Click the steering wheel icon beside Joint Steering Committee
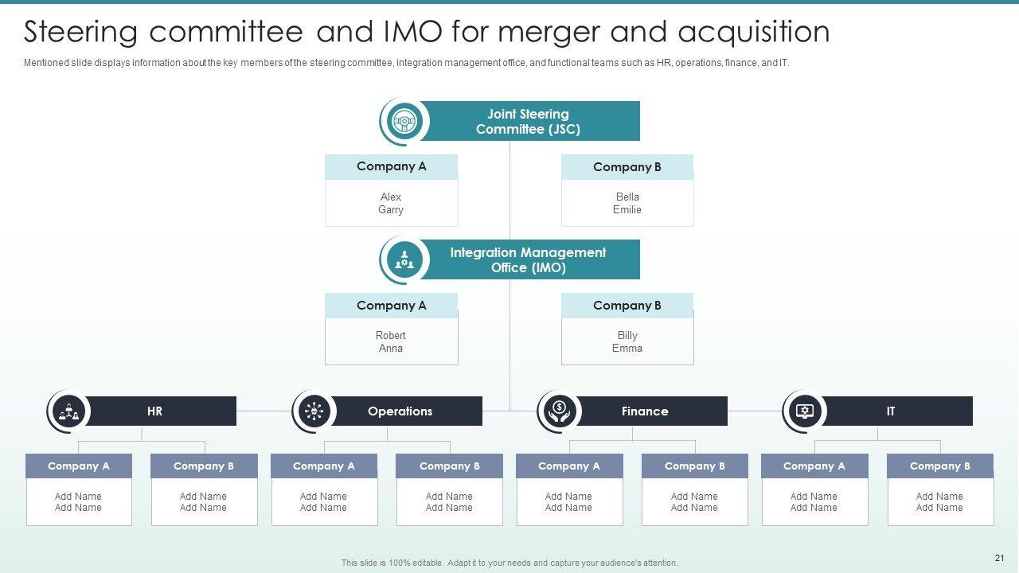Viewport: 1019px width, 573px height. (404, 122)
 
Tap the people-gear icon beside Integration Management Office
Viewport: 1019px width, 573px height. (404, 259)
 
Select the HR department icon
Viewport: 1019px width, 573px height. (69, 411)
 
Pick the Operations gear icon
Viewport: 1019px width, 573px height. (314, 411)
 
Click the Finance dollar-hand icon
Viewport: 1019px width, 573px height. (560, 411)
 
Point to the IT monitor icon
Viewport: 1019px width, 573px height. (805, 411)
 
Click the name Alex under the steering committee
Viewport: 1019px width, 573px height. (391, 197)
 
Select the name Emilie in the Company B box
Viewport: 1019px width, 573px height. (627, 210)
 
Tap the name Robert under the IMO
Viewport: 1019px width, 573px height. (391, 335)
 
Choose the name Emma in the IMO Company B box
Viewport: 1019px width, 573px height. (627, 349)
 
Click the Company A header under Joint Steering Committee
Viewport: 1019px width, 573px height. (391, 166)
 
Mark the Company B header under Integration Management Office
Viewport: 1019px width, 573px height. (627, 306)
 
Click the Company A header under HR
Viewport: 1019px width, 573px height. (79, 466)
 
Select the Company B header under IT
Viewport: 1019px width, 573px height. (940, 466)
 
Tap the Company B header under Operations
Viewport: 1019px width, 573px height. (450, 466)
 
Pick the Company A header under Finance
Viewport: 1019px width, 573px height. (569, 466)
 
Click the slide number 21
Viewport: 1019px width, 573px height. (1000, 558)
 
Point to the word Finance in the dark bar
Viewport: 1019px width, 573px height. (645, 411)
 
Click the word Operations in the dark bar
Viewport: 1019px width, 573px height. (400, 411)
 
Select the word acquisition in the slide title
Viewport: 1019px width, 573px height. (754, 33)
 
